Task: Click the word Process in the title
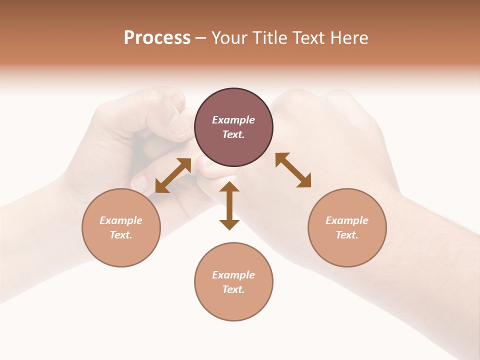point(157,38)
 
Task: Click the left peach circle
point(121,227)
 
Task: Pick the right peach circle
point(347,227)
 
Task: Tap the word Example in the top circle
point(233,120)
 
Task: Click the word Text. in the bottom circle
point(233,289)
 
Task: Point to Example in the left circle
point(121,220)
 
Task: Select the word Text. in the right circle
point(347,235)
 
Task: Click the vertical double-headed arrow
point(229,205)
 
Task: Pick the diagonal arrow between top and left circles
point(173,175)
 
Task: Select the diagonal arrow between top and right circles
point(293,170)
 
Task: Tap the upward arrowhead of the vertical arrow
point(229,187)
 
